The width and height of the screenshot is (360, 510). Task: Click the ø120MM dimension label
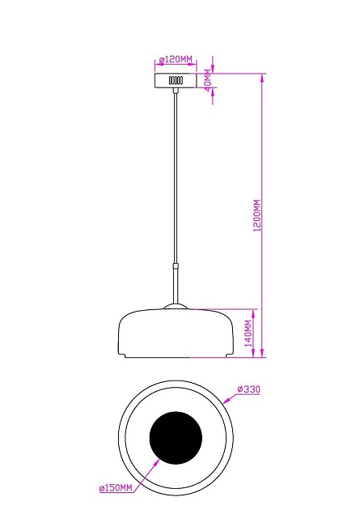point(176,60)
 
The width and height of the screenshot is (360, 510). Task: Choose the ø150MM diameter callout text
point(115,489)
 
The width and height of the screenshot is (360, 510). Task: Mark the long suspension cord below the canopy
point(176,178)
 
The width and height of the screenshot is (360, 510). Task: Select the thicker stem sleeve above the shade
point(176,283)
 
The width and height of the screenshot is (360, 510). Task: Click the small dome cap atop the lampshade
point(176,306)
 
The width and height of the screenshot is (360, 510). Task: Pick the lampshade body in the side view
point(176,334)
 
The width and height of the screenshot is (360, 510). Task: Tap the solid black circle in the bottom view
point(176,436)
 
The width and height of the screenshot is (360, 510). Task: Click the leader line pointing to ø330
point(230,397)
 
